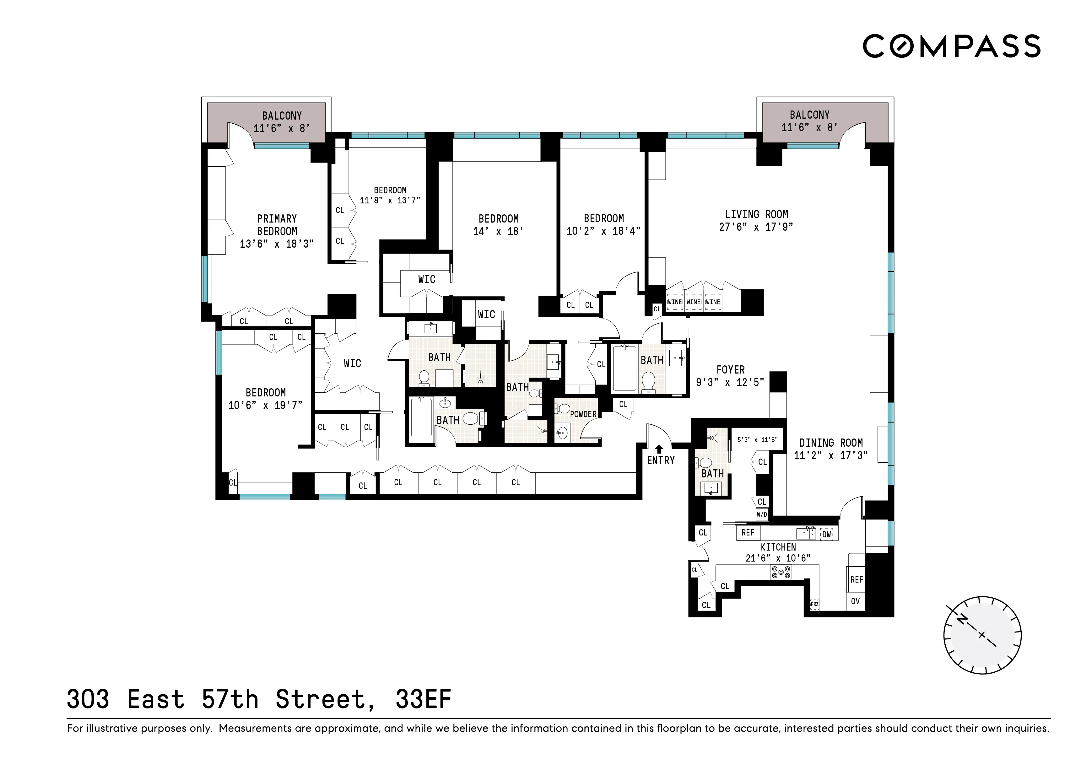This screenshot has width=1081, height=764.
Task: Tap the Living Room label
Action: (756, 214)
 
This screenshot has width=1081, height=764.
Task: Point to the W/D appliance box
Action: (762, 514)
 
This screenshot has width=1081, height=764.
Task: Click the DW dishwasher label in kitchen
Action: (827, 534)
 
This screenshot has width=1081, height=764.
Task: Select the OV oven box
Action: (856, 601)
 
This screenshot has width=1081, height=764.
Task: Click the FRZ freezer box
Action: (814, 604)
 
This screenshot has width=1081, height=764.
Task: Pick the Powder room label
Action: (583, 414)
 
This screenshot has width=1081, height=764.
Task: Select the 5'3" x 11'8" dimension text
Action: (757, 440)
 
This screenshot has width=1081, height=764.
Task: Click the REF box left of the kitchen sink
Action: (748, 532)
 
